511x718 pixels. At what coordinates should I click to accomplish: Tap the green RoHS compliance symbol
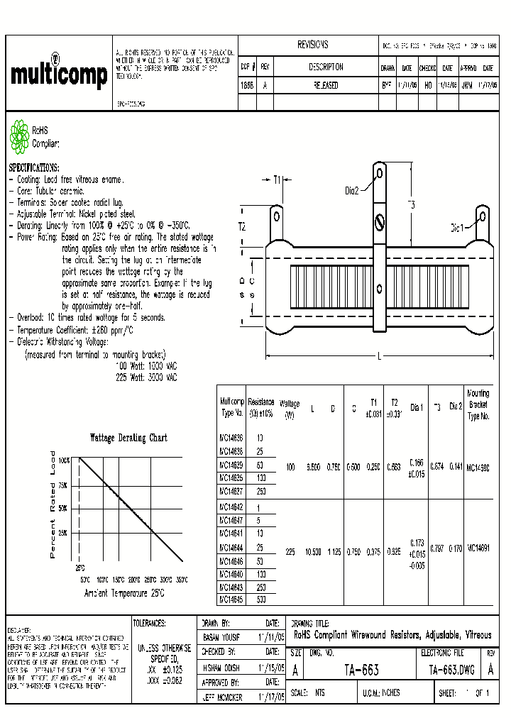pyautogui.click(x=18, y=136)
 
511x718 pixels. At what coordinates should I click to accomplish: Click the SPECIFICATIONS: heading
pyautogui.click(x=34, y=168)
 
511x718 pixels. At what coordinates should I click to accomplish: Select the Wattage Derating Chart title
pyautogui.click(x=128, y=438)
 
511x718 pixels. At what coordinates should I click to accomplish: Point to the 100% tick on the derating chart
pyautogui.click(x=64, y=460)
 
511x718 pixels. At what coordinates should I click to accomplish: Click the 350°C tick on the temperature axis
pyautogui.click(x=182, y=580)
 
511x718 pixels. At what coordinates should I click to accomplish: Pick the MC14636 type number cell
pyautogui.click(x=231, y=438)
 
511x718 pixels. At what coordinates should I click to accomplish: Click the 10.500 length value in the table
pyautogui.click(x=313, y=551)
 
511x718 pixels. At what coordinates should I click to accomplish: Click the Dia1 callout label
pyautogui.click(x=457, y=228)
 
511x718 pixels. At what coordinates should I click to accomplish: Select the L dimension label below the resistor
pyautogui.click(x=380, y=356)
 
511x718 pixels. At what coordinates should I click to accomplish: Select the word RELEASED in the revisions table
pyautogui.click(x=326, y=85)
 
